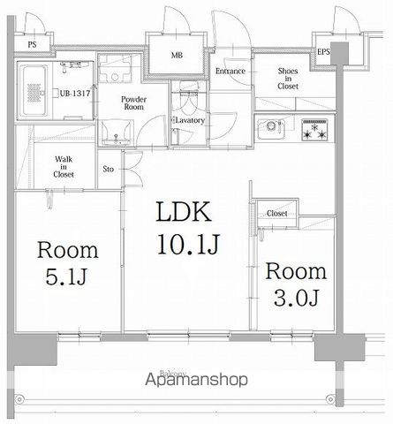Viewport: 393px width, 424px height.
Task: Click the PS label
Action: coord(32,43)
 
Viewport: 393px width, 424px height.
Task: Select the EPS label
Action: coord(324,52)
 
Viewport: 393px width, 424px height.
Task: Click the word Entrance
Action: coord(229,72)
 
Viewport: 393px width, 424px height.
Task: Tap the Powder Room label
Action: coord(134,104)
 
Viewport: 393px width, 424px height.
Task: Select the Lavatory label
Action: coord(189,119)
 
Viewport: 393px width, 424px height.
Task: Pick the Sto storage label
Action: coord(109,167)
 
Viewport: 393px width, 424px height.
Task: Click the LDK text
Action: coord(183,214)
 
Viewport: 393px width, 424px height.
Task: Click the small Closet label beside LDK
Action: coord(276,214)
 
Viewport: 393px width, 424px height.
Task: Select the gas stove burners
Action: coord(314,130)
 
